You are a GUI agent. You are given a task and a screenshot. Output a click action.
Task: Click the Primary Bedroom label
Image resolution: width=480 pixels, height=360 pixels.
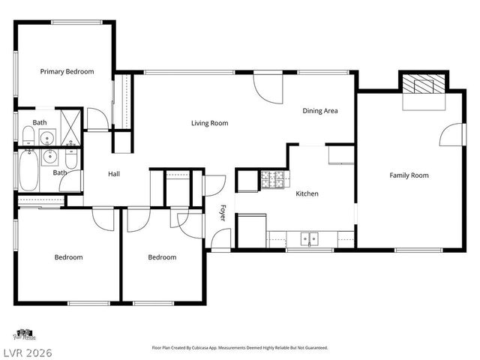(67, 71)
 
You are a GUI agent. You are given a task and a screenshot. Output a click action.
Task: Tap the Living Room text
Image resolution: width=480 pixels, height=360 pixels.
(209, 123)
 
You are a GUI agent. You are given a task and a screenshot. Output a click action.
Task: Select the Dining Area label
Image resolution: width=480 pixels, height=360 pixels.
(319, 111)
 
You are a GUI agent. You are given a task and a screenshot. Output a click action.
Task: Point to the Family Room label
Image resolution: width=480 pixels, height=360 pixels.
(409, 175)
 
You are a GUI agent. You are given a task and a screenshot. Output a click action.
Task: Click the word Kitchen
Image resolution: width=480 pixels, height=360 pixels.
(307, 193)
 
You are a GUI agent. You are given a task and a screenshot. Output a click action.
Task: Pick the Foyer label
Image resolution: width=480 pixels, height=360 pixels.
(223, 213)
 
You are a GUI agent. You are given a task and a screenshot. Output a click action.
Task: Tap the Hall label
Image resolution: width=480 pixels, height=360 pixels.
(114, 174)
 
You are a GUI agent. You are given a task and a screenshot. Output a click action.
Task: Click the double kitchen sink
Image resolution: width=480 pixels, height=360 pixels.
(309, 239)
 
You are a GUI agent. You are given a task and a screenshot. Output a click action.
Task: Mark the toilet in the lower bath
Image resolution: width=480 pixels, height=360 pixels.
(70, 159)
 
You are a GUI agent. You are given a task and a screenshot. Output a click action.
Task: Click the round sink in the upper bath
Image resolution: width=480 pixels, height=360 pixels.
(46, 137)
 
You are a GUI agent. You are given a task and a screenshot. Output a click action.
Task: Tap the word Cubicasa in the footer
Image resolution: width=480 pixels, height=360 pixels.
(225, 348)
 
